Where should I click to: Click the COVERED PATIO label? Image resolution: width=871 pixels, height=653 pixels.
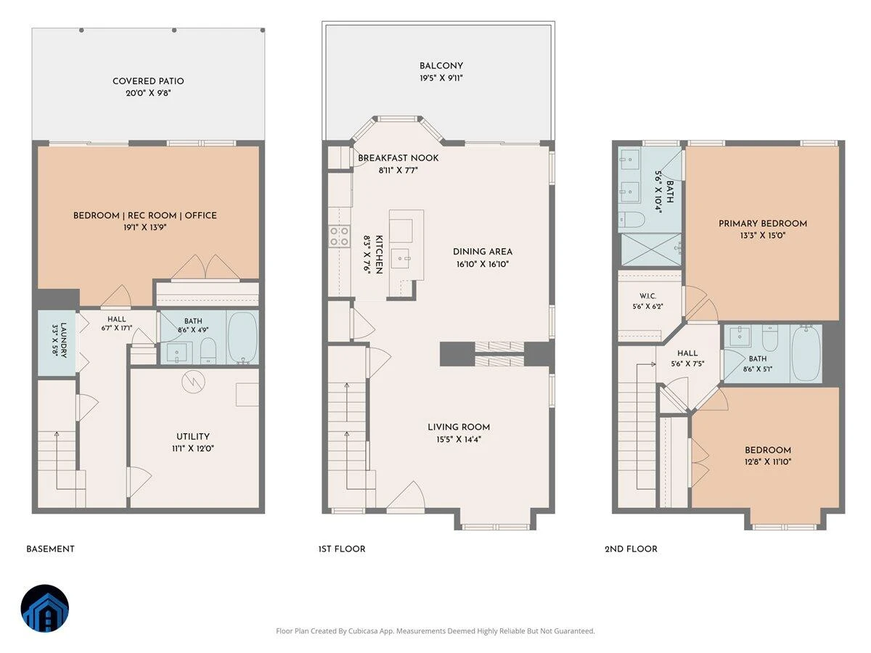pyautogui.click(x=148, y=81)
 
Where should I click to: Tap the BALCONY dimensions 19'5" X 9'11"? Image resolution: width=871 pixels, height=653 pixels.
pyautogui.click(x=441, y=78)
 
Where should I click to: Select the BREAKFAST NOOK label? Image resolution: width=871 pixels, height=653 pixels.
pyautogui.click(x=398, y=157)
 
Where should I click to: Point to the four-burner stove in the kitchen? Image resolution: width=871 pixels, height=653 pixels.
pyautogui.click(x=339, y=237)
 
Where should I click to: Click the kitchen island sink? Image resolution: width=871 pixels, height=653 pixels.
pyautogui.click(x=400, y=258)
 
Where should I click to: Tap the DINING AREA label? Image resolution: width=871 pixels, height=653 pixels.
pyautogui.click(x=483, y=252)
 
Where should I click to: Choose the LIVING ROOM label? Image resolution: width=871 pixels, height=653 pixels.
pyautogui.click(x=459, y=427)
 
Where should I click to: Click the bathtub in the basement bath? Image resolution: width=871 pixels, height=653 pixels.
pyautogui.click(x=242, y=337)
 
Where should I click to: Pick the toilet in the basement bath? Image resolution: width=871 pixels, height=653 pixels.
pyautogui.click(x=208, y=350)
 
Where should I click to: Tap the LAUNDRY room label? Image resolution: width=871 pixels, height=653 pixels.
pyautogui.click(x=63, y=340)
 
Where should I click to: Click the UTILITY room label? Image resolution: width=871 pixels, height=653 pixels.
pyautogui.click(x=193, y=437)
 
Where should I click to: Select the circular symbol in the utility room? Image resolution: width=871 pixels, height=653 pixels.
pyautogui.click(x=193, y=382)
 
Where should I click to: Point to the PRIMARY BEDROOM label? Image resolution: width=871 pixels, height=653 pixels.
pyautogui.click(x=763, y=223)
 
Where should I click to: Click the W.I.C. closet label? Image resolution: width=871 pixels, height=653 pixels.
pyautogui.click(x=647, y=296)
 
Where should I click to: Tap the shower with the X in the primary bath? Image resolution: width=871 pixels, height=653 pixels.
pyautogui.click(x=651, y=250)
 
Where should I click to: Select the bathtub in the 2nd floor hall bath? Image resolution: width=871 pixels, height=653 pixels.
pyautogui.click(x=806, y=353)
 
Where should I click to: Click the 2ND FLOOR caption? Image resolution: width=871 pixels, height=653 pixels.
pyautogui.click(x=631, y=549)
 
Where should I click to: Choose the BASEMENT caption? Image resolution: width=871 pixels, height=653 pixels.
pyautogui.click(x=50, y=549)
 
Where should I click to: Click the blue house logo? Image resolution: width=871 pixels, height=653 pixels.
pyautogui.click(x=45, y=608)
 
